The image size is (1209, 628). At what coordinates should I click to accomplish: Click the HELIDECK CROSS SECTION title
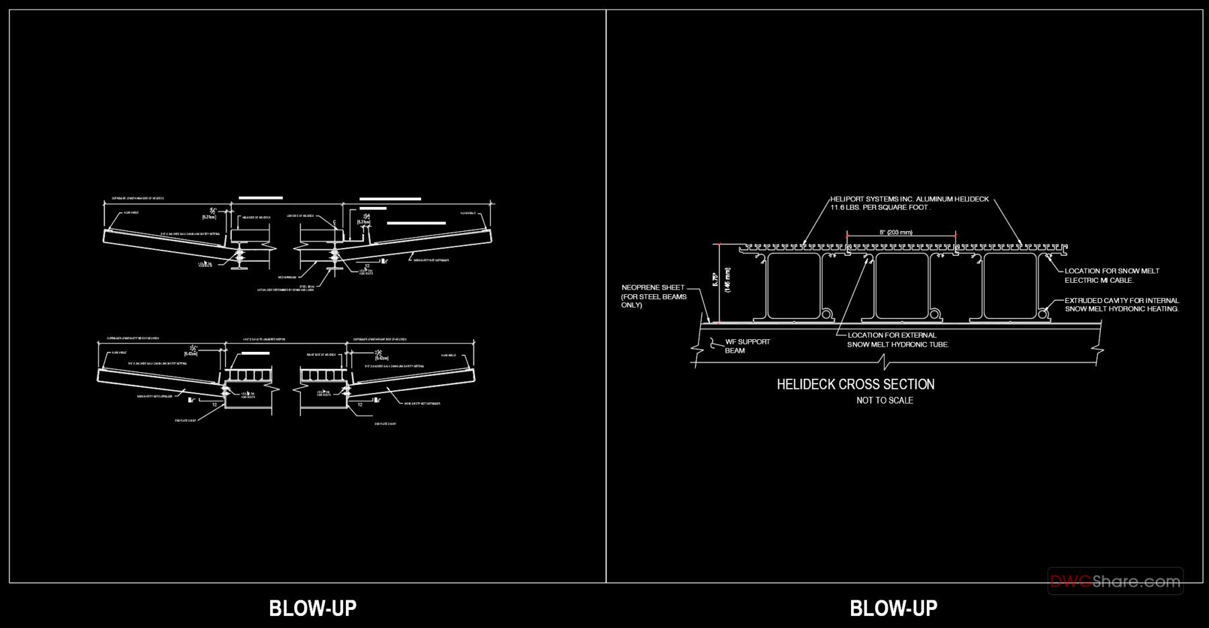pos(855,384)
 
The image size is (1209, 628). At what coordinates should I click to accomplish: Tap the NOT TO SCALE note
pos(885,400)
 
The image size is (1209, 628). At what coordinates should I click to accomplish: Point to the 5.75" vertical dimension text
pos(717,279)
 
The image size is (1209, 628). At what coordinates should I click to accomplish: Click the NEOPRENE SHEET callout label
pos(653,287)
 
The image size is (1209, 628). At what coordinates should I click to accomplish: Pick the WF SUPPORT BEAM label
pos(747,342)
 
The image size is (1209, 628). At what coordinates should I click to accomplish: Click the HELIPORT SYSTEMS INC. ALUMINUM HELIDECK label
pos(909,199)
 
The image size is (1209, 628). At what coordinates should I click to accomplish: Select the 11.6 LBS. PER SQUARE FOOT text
pos(880,208)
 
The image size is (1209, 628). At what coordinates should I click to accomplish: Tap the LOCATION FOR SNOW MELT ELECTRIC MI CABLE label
pos(1112,271)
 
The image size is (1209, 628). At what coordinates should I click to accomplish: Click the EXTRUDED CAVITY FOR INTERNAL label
pos(1121,300)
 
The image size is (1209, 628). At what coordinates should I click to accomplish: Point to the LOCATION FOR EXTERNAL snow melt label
pos(891,335)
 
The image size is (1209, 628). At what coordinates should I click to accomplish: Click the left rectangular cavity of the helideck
pos(794,285)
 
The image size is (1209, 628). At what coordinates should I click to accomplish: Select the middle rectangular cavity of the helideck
pos(901,285)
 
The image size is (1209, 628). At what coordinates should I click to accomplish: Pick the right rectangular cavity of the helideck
pos(1010,285)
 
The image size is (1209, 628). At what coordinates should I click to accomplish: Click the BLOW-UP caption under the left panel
pos(312,608)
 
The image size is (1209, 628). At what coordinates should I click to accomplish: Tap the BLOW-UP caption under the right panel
pos(893,608)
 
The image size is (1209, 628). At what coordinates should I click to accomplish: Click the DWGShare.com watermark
pos(1115,582)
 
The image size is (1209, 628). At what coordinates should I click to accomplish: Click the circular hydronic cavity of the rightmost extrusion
pos(1042,313)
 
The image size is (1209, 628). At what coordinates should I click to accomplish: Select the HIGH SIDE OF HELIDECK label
pos(255,217)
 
